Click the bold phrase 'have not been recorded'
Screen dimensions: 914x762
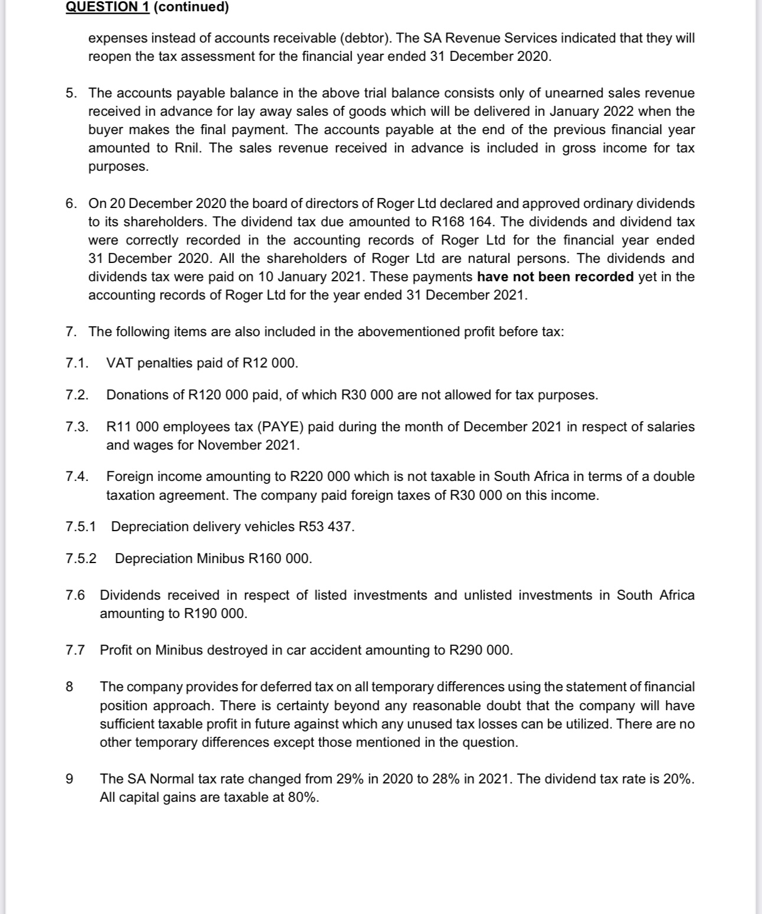(555, 277)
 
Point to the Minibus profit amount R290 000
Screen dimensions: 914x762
(480, 650)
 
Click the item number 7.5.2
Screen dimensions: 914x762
(81, 558)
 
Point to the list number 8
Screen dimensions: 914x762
(70, 687)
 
